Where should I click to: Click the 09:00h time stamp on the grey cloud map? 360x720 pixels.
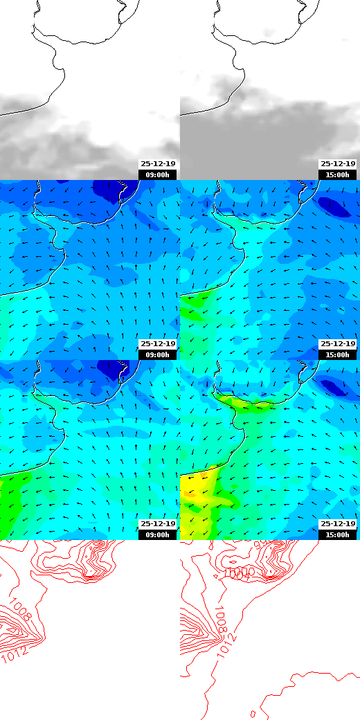click(158, 175)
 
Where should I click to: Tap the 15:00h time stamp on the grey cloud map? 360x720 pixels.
click(337, 175)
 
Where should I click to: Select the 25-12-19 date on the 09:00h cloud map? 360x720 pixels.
click(158, 164)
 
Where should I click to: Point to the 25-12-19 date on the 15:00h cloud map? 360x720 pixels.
click(337, 164)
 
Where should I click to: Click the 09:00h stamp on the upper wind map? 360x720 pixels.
click(158, 355)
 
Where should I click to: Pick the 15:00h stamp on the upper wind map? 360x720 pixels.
click(337, 355)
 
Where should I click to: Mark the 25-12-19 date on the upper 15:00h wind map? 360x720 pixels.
click(337, 344)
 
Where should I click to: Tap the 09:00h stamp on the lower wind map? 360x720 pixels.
click(158, 535)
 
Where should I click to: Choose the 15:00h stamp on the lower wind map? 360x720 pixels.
click(337, 535)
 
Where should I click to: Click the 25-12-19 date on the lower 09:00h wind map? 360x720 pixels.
click(158, 524)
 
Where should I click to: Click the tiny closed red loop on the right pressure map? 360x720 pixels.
click(253, 713)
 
